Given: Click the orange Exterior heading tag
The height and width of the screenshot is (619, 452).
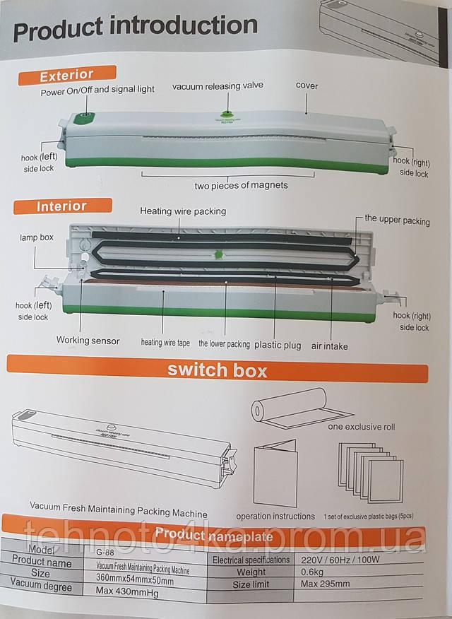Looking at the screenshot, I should pos(66,75).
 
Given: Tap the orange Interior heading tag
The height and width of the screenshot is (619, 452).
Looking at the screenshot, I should pos(62,206).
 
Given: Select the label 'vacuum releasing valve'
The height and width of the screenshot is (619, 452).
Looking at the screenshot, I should pos(218,86).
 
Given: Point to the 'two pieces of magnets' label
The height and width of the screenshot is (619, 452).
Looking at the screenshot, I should pos(241,185).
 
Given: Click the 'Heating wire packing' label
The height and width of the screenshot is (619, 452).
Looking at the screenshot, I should pos(183,211).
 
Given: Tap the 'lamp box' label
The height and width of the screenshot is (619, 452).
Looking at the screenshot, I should pos(36,238).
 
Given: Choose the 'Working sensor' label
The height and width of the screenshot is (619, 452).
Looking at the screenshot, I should pos(88,341).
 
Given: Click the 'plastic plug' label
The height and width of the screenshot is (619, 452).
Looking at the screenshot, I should pos(278,346).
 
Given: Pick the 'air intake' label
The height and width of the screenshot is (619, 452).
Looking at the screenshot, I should pos(329,346).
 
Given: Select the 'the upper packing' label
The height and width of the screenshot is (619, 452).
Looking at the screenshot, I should pos(397,220).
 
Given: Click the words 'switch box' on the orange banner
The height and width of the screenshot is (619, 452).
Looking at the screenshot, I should pos(217,370).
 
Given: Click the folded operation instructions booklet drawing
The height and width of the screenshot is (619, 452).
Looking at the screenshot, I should pos(275,470).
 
